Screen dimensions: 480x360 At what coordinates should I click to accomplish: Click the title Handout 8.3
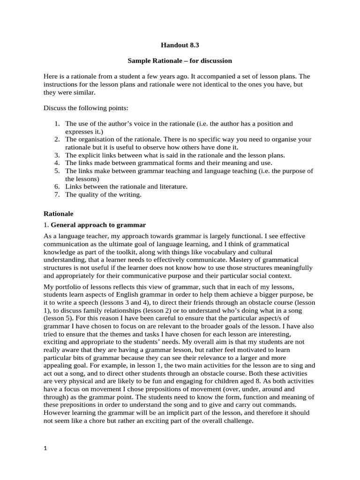[x=180, y=45]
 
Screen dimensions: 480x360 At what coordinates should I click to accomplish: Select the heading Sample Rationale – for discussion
[x=180, y=61]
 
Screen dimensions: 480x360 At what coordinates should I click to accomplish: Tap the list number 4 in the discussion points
[x=57, y=163]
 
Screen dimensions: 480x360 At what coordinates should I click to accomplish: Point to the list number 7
[x=57, y=195]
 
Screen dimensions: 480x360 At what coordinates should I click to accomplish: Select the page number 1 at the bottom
[x=45, y=449]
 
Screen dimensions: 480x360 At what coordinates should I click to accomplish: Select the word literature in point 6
[x=172, y=187]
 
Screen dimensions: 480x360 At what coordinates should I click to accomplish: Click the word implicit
[x=172, y=413]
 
